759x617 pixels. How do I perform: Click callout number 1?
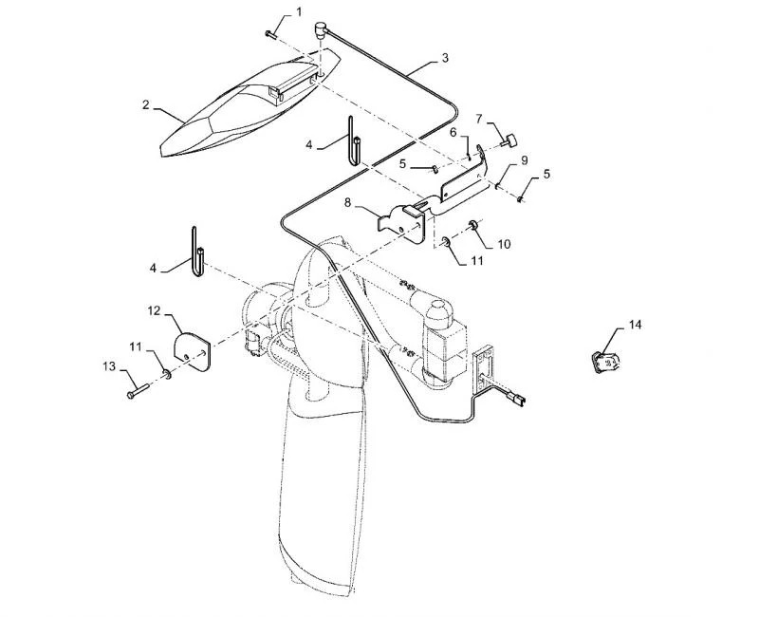coord(300,12)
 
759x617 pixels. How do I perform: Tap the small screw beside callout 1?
coord(270,33)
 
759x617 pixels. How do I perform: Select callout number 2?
coord(146,105)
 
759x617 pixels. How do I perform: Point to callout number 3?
coord(445,58)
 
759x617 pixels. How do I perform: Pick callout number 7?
coord(479,119)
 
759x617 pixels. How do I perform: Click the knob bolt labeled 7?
coord(511,143)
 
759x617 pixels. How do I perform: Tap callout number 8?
coord(348,202)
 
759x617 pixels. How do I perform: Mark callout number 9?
coord(523,160)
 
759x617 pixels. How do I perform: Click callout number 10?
coord(504,244)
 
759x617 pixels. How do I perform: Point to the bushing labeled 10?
coord(472,225)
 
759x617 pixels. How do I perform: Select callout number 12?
coord(153,309)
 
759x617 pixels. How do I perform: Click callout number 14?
coord(635,325)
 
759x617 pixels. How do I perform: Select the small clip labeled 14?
coord(602,362)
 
